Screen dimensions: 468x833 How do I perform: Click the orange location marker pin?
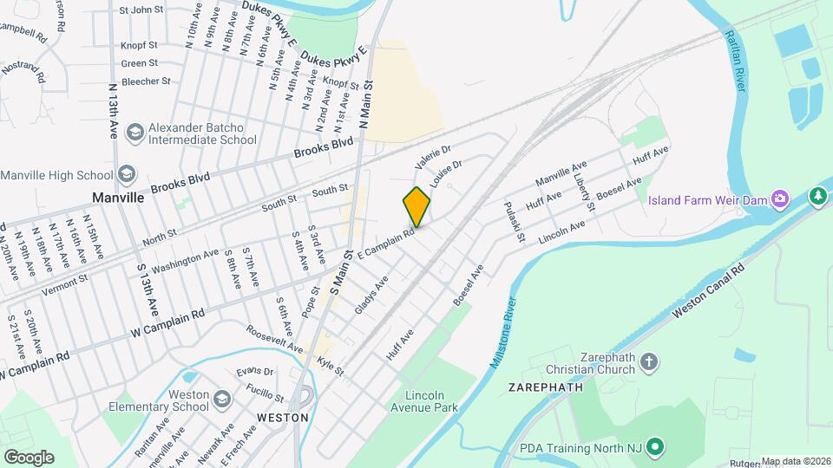(416, 206)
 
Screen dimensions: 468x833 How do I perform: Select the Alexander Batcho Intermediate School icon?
(134, 133)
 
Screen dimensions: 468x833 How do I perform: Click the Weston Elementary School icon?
(222, 399)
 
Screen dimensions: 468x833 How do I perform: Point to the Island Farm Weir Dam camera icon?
(780, 200)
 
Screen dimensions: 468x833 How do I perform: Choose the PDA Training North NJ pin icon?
(655, 448)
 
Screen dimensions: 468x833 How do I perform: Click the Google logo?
(28, 457)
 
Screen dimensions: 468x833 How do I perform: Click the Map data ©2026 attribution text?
(796, 461)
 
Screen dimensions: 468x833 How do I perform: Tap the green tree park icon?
(817, 197)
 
